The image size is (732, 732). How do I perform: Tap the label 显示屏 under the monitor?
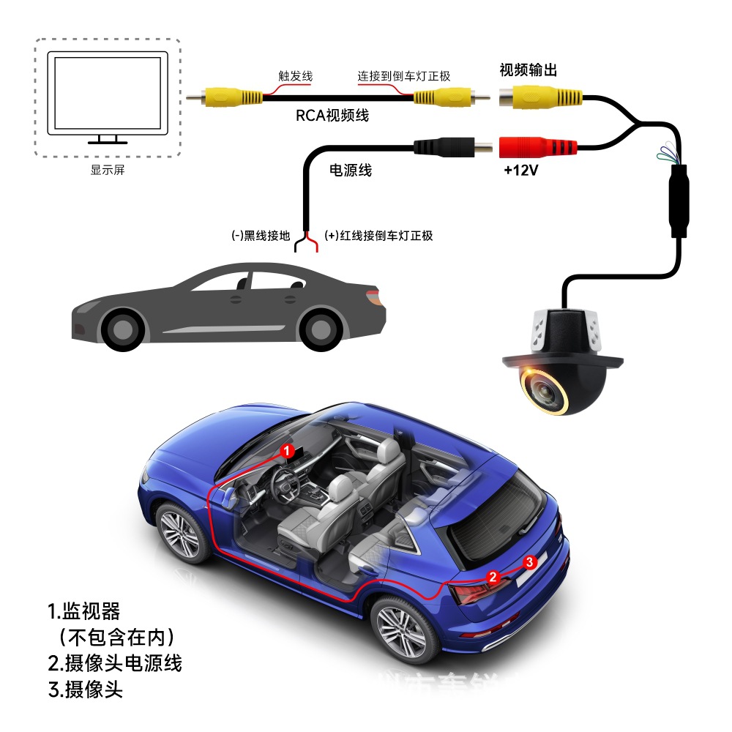pyautogui.click(x=108, y=171)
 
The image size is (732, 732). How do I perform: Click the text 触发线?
pyautogui.click(x=296, y=76)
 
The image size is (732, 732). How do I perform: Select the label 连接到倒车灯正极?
pyautogui.click(x=403, y=76)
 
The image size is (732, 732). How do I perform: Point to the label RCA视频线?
pyautogui.click(x=332, y=116)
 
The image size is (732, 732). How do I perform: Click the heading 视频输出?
pyautogui.click(x=529, y=70)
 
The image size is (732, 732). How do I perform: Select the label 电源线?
pyautogui.click(x=351, y=171)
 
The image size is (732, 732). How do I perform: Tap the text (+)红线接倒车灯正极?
pyautogui.click(x=378, y=236)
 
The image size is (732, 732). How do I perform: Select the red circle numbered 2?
pyautogui.click(x=493, y=577)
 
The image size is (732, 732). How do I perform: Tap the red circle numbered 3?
pyautogui.click(x=531, y=561)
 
